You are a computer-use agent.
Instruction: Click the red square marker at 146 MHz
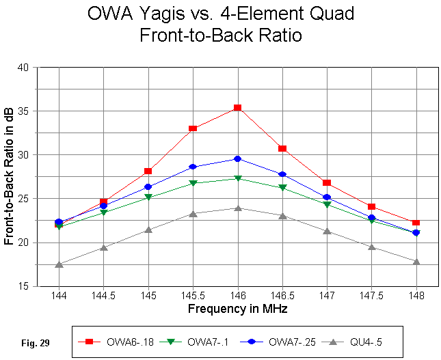(x=238, y=108)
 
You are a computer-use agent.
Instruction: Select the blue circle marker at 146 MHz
(x=238, y=158)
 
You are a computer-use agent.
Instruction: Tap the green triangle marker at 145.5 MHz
(x=193, y=183)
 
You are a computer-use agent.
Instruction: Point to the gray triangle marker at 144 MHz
(x=59, y=264)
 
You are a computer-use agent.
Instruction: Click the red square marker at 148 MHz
(x=416, y=223)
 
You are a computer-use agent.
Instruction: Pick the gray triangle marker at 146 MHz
(x=238, y=208)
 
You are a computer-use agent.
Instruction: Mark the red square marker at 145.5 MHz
(x=193, y=128)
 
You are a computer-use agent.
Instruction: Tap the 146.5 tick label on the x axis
(x=282, y=296)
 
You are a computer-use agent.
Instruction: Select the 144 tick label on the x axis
(x=59, y=296)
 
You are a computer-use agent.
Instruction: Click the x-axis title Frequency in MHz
(x=237, y=309)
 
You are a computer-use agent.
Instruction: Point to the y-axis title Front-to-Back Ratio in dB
(x=10, y=177)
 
